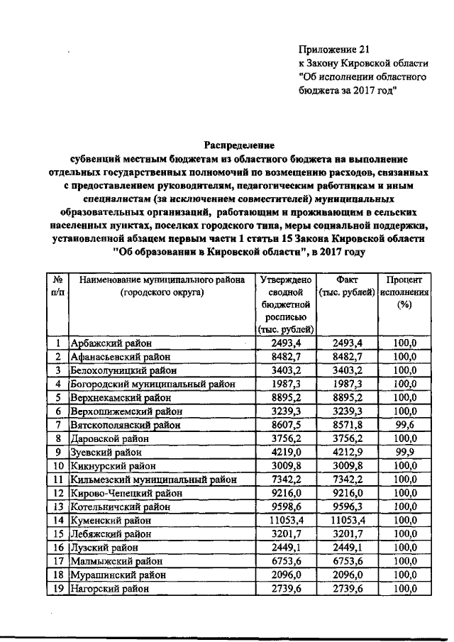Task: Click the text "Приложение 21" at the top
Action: click(335, 49)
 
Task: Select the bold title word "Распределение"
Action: click(226, 145)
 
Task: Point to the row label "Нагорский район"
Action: click(109, 588)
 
